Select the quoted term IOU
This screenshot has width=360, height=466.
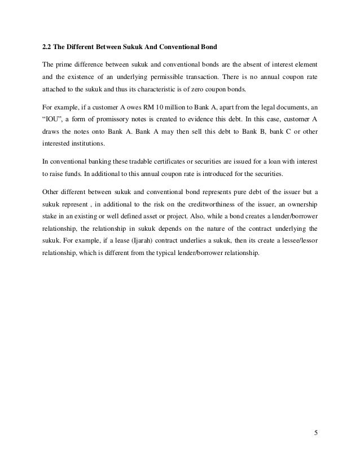coord(52,119)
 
